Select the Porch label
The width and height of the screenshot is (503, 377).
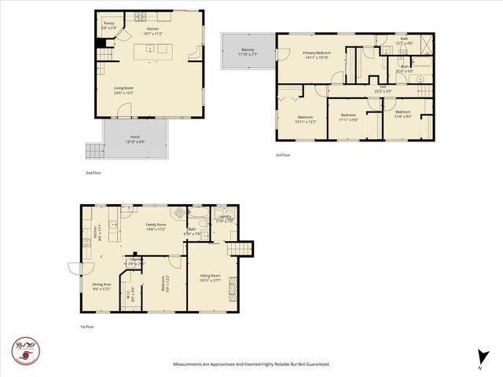coord(135,139)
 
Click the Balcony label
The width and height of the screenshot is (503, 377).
coord(247,53)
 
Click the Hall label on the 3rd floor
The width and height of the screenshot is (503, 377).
coord(383,89)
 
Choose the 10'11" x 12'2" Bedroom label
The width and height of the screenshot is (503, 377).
coord(285,119)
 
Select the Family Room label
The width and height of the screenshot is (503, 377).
coord(156,227)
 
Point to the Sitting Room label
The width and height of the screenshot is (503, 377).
coord(210,278)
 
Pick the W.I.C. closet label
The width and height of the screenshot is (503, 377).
coord(131,296)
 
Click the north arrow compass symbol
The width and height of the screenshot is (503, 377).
coord(479,357)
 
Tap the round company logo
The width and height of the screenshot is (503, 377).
coord(25,349)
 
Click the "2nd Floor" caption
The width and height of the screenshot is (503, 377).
coord(94,171)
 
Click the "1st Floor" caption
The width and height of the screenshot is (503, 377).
coord(86,326)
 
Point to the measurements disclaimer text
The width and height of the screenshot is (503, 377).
coord(251,364)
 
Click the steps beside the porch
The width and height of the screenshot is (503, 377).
coord(94,150)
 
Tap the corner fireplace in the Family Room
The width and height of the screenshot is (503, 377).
coord(180,212)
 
